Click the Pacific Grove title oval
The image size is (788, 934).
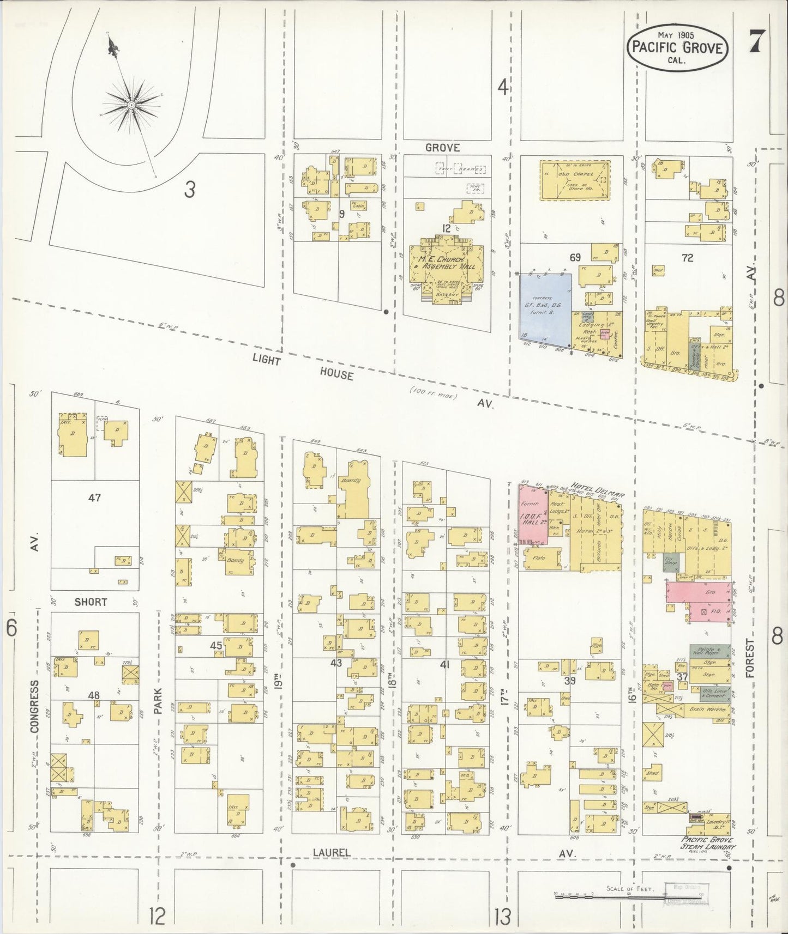click(677, 48)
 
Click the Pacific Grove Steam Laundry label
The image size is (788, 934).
click(707, 858)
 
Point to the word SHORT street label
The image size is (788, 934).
click(91, 602)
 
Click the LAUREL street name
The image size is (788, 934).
click(331, 867)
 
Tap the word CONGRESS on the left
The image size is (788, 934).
click(34, 706)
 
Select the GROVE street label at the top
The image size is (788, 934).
click(442, 147)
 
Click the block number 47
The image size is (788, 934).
click(94, 498)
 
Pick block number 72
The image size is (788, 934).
click(687, 258)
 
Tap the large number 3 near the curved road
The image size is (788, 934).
click(189, 189)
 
